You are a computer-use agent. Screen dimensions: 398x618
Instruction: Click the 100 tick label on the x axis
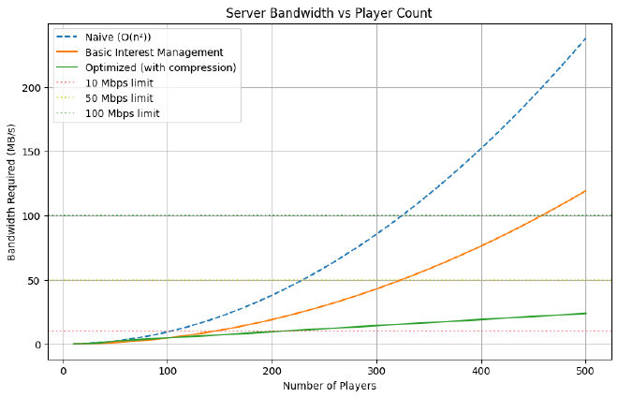(168, 370)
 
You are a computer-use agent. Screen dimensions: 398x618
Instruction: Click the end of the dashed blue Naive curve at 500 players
(585, 38)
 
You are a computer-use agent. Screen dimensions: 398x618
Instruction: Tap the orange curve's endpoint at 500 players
(585, 191)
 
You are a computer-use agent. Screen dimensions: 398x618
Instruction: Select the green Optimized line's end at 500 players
(585, 313)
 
